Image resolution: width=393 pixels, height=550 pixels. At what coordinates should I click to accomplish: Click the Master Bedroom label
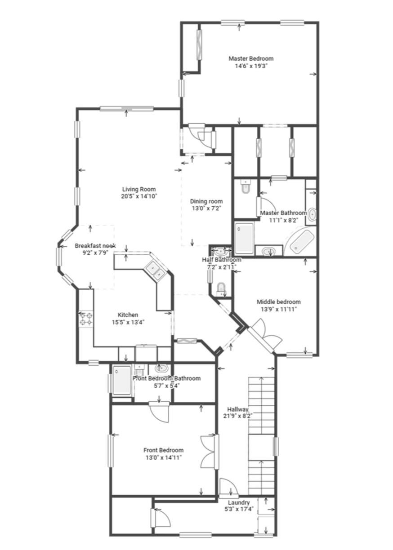[250, 58]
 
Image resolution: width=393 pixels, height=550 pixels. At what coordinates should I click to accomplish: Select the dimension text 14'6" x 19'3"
[250, 66]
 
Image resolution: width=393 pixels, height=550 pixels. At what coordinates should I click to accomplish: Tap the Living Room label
[139, 189]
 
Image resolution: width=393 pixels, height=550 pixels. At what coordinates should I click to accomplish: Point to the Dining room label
[206, 201]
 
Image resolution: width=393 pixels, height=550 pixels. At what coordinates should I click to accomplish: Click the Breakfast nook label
[95, 246]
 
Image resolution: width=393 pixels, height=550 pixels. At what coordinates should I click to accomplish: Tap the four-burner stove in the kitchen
[85, 318]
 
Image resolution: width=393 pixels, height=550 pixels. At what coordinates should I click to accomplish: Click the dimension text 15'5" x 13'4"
[128, 322]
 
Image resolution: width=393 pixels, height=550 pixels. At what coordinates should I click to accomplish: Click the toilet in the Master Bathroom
[245, 187]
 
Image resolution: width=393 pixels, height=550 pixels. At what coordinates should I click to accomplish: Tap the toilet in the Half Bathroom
[221, 288]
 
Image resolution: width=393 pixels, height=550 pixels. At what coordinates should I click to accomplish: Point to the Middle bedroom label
[278, 302]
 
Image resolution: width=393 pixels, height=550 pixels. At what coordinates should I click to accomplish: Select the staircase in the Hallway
[262, 435]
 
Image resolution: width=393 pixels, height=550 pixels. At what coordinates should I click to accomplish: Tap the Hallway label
[237, 409]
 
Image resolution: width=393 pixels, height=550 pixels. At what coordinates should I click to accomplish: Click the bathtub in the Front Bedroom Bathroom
[121, 381]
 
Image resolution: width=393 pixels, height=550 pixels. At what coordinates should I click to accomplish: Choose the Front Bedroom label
[163, 450]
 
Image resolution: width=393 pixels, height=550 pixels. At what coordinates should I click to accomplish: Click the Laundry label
[238, 502]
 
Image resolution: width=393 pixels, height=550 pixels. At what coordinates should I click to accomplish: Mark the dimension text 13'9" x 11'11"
[278, 309]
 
